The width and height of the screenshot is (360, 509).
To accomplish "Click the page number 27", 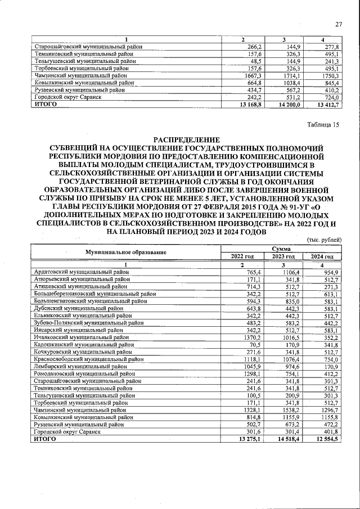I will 338,24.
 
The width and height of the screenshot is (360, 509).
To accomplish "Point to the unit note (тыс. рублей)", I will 324,240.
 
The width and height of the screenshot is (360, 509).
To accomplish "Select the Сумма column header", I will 281,248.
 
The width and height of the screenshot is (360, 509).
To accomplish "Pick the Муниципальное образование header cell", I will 126,253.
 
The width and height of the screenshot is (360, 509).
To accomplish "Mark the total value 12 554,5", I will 326,439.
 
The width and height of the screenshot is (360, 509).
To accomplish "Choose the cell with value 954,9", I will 328,272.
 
